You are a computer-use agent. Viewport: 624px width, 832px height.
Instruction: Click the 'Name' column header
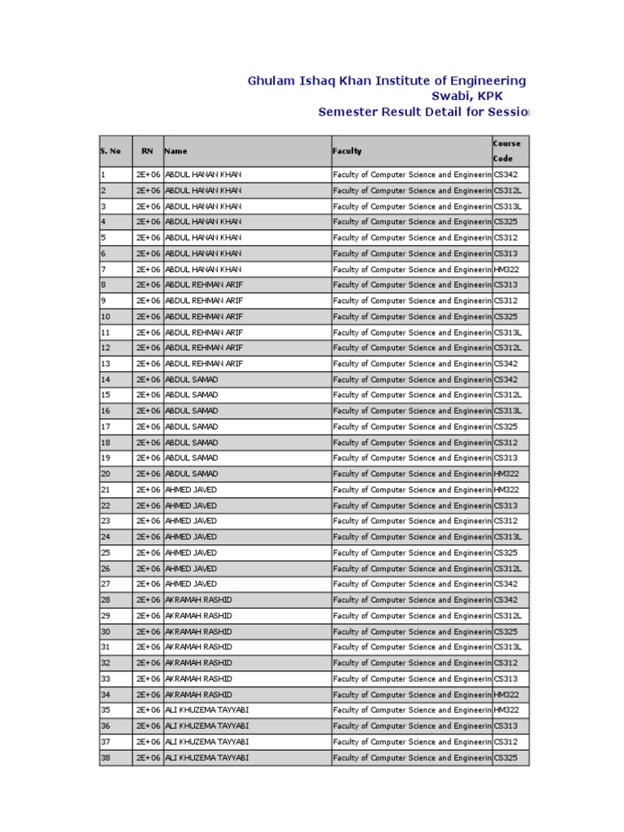pos(175,151)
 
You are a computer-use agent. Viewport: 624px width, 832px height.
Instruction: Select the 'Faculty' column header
pos(347,151)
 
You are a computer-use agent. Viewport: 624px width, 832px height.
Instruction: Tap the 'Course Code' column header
pos(507,151)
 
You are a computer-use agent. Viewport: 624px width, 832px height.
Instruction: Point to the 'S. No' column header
pos(110,151)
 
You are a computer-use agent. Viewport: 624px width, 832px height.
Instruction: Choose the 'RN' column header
pos(147,151)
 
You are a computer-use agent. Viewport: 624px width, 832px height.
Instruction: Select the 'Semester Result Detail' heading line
pos(422,112)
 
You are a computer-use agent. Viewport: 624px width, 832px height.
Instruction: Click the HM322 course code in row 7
pos(506,270)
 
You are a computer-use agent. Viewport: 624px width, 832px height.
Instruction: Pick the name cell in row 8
pos(204,285)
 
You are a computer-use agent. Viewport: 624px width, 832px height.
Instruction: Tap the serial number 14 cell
pos(106,379)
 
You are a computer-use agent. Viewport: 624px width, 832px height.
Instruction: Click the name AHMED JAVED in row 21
pos(191,490)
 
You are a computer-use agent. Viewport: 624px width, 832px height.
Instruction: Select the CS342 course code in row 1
pos(506,175)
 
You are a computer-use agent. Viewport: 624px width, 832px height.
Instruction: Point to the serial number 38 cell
pos(106,758)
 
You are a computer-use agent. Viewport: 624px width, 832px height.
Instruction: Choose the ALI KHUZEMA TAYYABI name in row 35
pos(207,710)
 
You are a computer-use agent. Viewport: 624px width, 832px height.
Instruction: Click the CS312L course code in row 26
pos(508,569)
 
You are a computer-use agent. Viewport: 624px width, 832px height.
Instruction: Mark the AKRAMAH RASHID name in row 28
pos(198,600)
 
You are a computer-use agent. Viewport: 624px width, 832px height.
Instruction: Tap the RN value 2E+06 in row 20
pos(148,474)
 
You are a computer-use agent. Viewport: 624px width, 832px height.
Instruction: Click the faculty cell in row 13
pos(412,364)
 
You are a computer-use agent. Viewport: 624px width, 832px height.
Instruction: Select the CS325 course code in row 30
pos(506,632)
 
